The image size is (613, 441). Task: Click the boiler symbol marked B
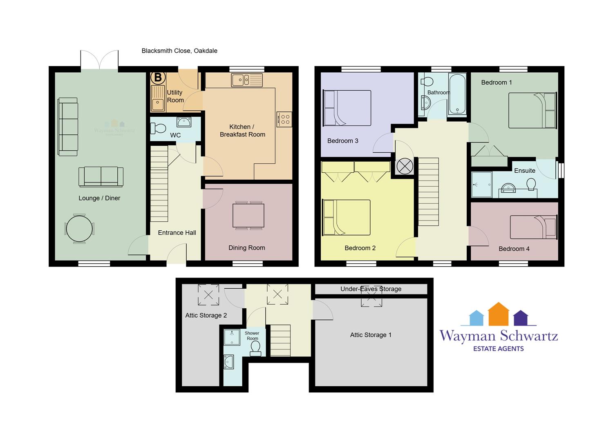pos(158,77)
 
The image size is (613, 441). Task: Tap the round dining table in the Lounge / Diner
pos(79,229)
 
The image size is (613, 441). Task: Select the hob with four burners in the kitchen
pos(284,120)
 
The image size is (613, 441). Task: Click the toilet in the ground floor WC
pos(159,128)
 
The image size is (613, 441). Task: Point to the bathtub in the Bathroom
pos(457,94)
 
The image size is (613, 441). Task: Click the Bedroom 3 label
pos(342,141)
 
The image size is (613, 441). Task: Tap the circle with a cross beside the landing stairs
pos(405,166)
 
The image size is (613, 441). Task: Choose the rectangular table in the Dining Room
pos(248,216)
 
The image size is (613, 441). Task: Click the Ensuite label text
pos(525,171)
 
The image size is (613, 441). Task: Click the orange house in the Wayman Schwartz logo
pos(499,314)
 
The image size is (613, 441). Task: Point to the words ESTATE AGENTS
pos(499,349)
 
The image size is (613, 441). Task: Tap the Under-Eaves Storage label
pos(371,289)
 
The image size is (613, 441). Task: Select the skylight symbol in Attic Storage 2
pos(208,295)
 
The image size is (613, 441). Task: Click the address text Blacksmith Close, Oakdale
pos(179,51)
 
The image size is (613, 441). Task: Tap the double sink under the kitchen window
pos(247,80)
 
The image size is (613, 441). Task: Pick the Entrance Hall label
pos(177,233)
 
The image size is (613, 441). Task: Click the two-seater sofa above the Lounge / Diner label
pos(101,177)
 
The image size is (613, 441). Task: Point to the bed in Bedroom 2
pos(347,218)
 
